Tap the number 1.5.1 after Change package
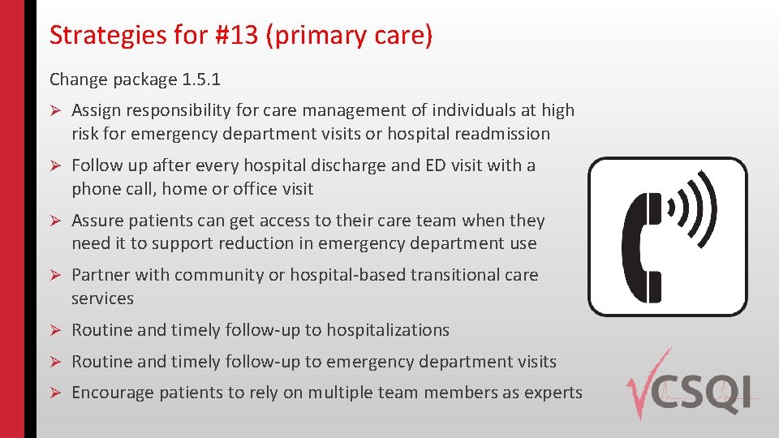coord(200,79)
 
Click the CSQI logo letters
coord(710,393)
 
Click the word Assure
coord(98,221)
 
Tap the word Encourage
coord(113,393)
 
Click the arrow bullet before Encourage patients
coord(56,393)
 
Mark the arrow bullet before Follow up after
coord(56,166)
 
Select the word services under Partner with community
coord(102,298)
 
